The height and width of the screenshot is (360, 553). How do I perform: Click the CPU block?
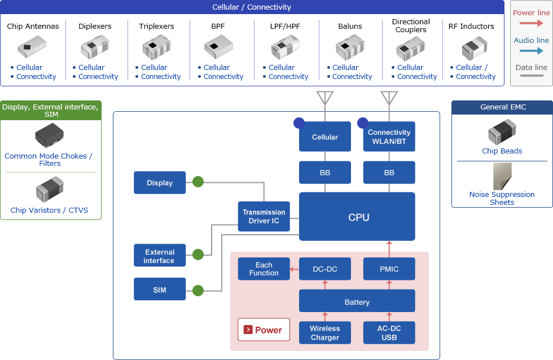(357, 217)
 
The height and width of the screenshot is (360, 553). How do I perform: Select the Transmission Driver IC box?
(264, 217)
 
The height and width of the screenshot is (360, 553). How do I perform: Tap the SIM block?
(160, 289)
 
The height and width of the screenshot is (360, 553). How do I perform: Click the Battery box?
(357, 301)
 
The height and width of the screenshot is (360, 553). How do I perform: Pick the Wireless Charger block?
(324, 333)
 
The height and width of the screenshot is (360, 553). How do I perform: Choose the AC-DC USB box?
(389, 333)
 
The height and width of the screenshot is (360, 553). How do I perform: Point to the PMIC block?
(389, 269)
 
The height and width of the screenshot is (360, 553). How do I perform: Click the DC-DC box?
(324, 269)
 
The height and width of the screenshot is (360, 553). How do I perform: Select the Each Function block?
(264, 269)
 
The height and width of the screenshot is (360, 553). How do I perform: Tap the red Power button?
(264, 330)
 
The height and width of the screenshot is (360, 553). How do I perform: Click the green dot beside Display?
(198, 182)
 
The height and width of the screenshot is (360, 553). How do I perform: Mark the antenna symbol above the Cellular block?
(325, 98)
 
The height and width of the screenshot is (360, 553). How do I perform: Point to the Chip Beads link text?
(502, 151)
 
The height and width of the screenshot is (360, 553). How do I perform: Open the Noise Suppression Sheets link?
(502, 198)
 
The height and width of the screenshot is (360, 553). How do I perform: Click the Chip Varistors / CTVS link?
(49, 210)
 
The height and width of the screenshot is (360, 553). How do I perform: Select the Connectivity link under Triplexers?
(161, 77)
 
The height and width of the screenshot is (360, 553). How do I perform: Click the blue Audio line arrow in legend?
(531, 51)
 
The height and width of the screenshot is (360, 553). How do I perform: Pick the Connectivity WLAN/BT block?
(389, 137)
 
